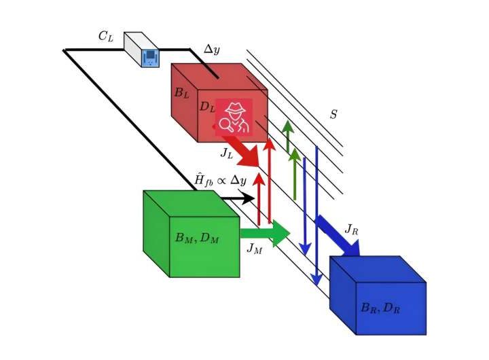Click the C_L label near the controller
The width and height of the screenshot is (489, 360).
click(105, 37)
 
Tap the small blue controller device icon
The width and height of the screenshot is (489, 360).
click(149, 57)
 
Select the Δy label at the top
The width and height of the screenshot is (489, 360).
click(213, 50)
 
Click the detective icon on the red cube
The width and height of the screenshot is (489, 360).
click(234, 117)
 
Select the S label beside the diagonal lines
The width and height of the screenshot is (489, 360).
click(333, 114)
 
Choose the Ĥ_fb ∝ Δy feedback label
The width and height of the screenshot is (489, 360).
click(220, 180)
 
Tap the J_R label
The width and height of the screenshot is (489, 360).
click(351, 229)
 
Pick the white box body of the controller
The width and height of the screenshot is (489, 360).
click(136, 41)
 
